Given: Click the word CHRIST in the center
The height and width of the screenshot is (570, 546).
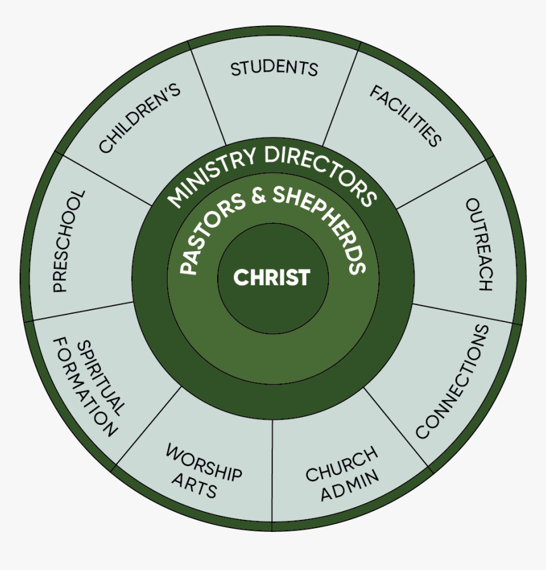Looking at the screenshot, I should point(272,278).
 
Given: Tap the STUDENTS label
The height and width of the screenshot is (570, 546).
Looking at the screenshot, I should point(274,68).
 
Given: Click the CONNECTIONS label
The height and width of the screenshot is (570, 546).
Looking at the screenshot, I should point(453,382).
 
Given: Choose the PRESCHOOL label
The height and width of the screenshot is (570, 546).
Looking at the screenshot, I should point(68,241).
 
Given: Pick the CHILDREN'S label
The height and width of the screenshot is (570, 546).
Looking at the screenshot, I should point(140,118).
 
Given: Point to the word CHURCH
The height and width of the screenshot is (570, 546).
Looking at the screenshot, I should point(342,464).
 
